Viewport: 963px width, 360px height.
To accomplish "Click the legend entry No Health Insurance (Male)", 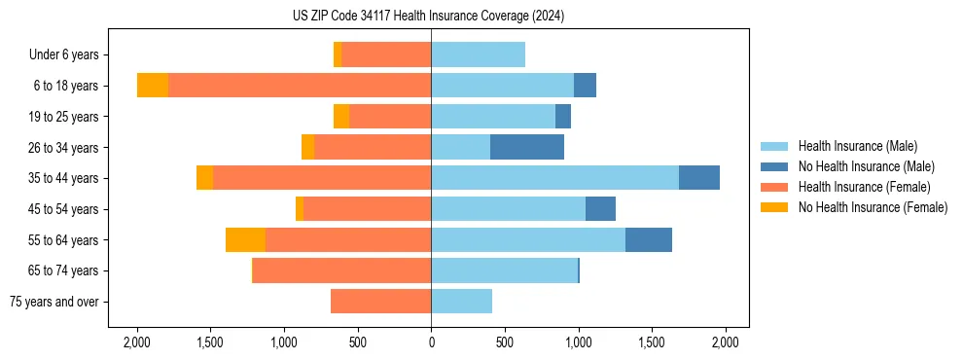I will click(x=866, y=166).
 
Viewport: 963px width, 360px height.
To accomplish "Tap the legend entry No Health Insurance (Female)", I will click(x=873, y=207).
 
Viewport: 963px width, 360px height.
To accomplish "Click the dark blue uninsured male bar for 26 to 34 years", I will click(x=527, y=147).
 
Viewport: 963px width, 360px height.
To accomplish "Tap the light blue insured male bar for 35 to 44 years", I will click(x=554, y=178).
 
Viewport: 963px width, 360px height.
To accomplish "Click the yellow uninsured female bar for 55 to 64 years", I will click(x=245, y=239).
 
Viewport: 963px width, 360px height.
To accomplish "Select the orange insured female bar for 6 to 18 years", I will click(x=300, y=86).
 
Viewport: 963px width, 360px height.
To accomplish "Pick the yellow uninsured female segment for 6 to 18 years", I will click(x=153, y=86).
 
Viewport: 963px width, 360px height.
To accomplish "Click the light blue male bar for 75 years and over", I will click(x=461, y=302).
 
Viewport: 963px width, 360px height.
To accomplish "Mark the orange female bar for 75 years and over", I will click(x=380, y=302).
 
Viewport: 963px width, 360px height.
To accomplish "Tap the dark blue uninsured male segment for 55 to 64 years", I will click(x=649, y=239).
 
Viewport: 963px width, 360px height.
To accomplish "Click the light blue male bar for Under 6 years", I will click(x=478, y=55).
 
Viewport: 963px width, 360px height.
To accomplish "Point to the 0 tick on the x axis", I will click(x=431, y=342).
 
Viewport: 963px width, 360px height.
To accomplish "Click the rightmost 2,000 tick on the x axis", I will click(x=726, y=342).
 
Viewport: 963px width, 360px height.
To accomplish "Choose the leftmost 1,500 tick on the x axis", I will click(x=210, y=342).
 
